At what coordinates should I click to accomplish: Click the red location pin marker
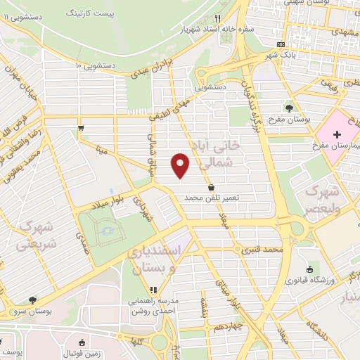point(181,165)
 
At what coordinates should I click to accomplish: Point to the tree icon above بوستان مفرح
point(289,108)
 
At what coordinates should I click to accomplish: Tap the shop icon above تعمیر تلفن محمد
point(212,186)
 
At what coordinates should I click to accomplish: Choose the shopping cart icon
point(82,127)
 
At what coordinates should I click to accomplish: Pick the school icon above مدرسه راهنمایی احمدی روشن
point(153,290)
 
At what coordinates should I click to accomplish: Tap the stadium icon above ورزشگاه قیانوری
point(310,269)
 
